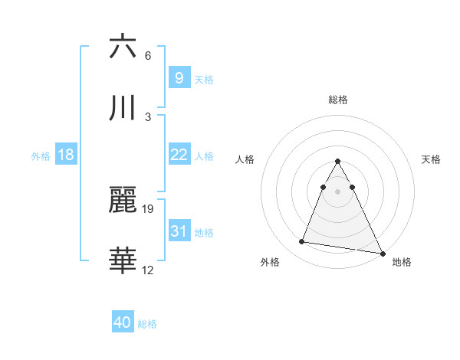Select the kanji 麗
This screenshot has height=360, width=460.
coord(123,201)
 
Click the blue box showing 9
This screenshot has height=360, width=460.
coord(179,77)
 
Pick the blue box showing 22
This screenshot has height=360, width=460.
coord(179,155)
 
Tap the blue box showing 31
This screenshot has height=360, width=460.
coord(179,231)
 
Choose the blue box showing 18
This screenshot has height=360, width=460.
coord(66,155)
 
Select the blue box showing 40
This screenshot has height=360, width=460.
coord(123,323)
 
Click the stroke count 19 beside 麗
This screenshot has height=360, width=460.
coord(148,208)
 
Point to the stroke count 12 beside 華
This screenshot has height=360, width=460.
coord(148,270)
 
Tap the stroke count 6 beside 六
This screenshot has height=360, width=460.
coord(148,56)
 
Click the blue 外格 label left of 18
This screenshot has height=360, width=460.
coord(41,155)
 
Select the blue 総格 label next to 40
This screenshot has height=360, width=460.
coord(147,324)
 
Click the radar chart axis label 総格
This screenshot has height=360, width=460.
coord(338,100)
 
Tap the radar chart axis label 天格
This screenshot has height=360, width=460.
coord(432,159)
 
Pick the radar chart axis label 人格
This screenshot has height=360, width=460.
coord(245,159)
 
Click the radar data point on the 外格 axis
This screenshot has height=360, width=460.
coord(302,242)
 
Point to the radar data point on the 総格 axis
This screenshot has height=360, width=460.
coord(338,162)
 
